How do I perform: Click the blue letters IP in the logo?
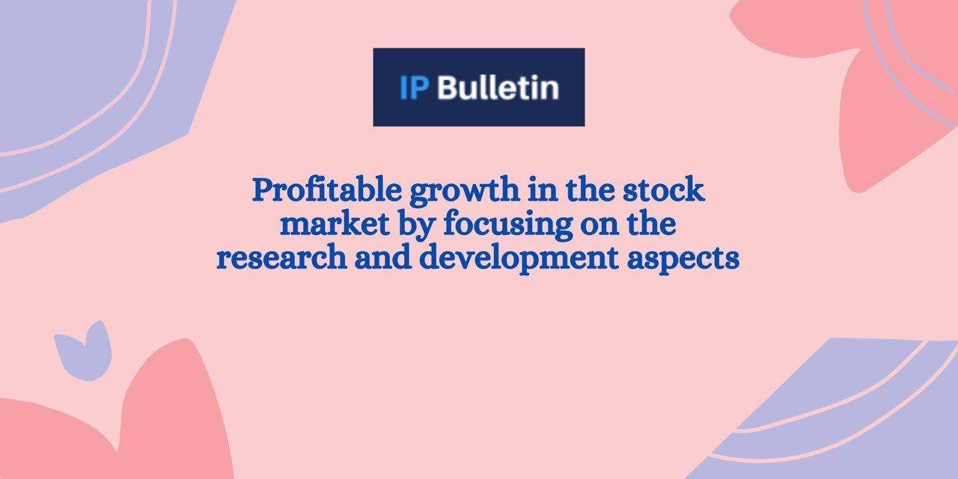414,88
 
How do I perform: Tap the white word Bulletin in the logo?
498,88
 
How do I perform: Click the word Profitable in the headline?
327,191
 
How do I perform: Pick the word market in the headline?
335,225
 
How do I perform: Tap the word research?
282,258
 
